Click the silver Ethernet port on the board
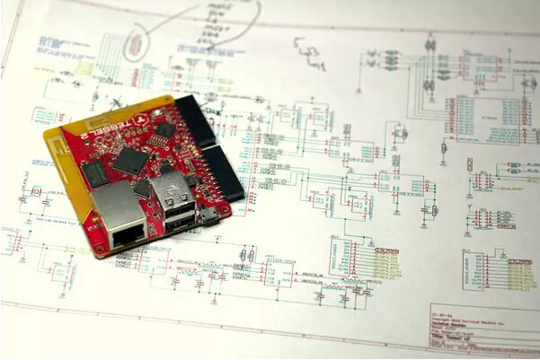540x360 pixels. [120, 215]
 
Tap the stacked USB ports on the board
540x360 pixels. [174, 203]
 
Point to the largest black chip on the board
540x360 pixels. [131, 160]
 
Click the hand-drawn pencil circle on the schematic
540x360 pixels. [136, 42]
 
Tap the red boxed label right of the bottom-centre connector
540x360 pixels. [387, 259]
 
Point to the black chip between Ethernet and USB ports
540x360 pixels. [143, 189]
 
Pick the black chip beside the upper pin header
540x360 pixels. [164, 129]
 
